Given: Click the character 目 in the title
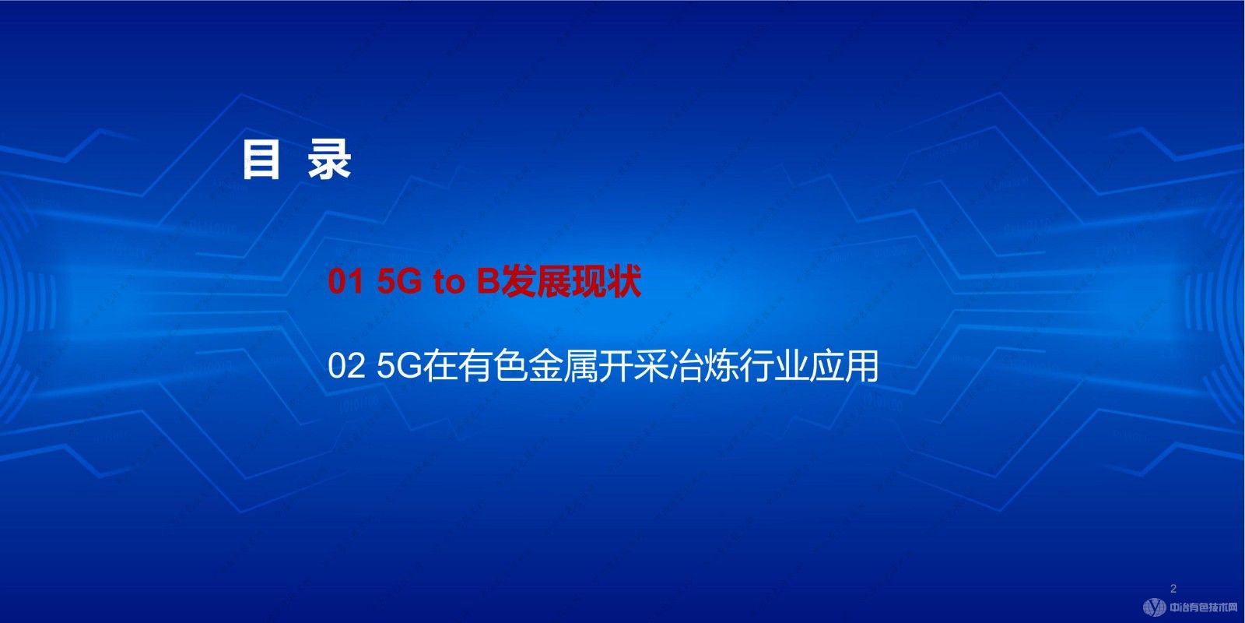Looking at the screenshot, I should point(261,160).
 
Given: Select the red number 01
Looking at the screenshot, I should point(345,282).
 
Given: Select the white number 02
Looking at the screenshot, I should point(346,367).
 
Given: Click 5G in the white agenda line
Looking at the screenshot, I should point(398,367).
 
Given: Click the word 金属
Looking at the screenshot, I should point(563,367).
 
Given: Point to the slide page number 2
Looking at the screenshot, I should point(1173,589).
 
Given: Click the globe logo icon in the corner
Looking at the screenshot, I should point(1155,607).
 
